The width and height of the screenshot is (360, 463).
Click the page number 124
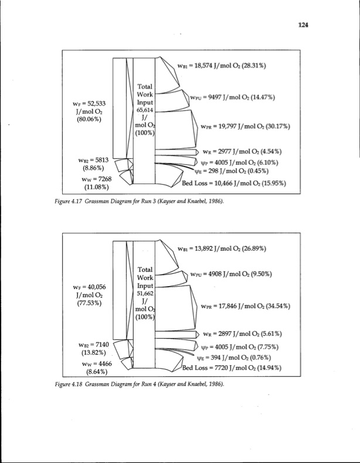pos(303,25)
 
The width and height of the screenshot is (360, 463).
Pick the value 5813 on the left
pos(98,159)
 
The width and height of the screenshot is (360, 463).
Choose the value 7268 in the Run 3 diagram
pos(99,178)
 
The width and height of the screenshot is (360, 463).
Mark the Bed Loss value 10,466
pos(227,183)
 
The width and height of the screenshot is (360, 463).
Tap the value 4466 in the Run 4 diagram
pos(100,363)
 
